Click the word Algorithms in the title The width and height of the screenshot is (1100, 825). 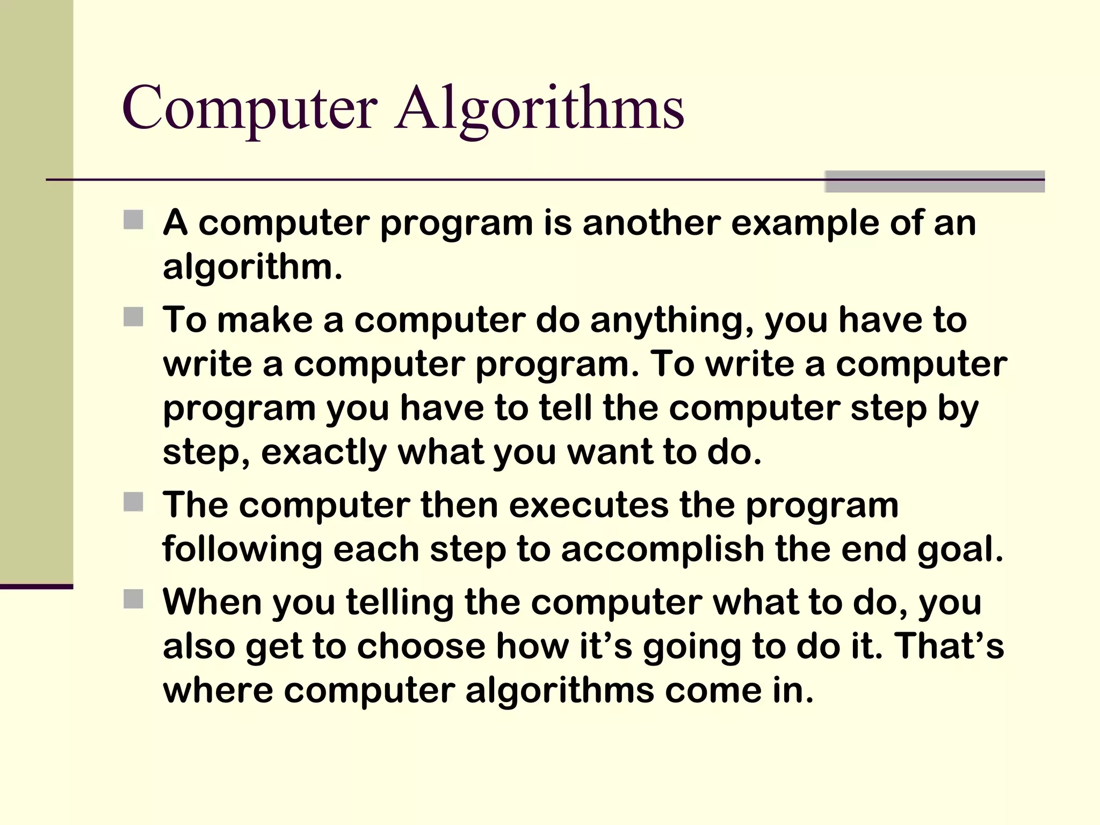click(x=539, y=110)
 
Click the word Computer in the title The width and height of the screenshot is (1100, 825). click(x=250, y=110)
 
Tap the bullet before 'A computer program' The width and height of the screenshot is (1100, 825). click(x=133, y=220)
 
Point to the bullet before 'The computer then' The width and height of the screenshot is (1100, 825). click(x=133, y=502)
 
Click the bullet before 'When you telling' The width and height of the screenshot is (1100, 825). click(x=133, y=599)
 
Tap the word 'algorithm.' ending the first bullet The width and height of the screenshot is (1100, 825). click(x=252, y=267)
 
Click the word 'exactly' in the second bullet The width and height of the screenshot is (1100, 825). click(x=323, y=453)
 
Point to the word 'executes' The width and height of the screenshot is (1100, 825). click(x=589, y=505)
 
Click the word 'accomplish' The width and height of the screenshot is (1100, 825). click(x=663, y=550)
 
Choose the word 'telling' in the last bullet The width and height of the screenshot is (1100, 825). click(x=400, y=603)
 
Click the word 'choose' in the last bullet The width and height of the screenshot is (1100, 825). click(x=421, y=646)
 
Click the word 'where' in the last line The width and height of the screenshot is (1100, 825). click(x=218, y=690)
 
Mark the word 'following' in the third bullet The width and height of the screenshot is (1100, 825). click(x=242, y=550)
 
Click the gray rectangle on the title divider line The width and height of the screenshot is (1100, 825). click(x=935, y=182)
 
